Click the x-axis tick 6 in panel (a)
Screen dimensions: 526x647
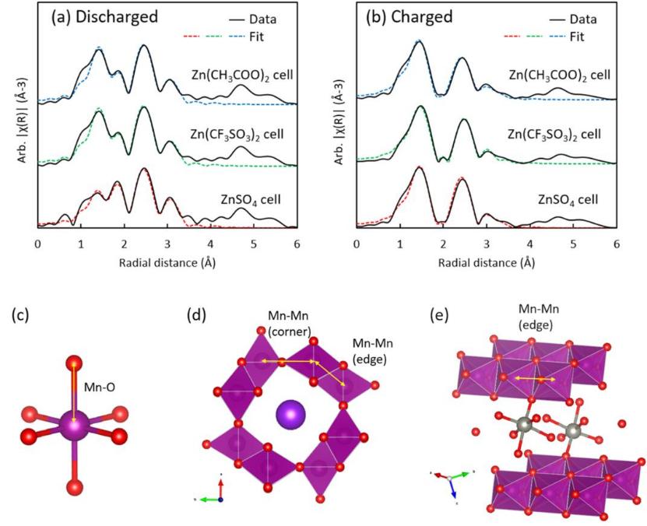point(297,244)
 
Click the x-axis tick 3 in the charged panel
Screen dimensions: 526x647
point(486,244)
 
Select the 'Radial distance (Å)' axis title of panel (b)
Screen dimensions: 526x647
point(486,262)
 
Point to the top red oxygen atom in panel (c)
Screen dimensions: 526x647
point(74,363)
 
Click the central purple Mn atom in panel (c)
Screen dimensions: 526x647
point(73,426)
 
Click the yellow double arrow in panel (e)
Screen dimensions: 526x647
point(532,378)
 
